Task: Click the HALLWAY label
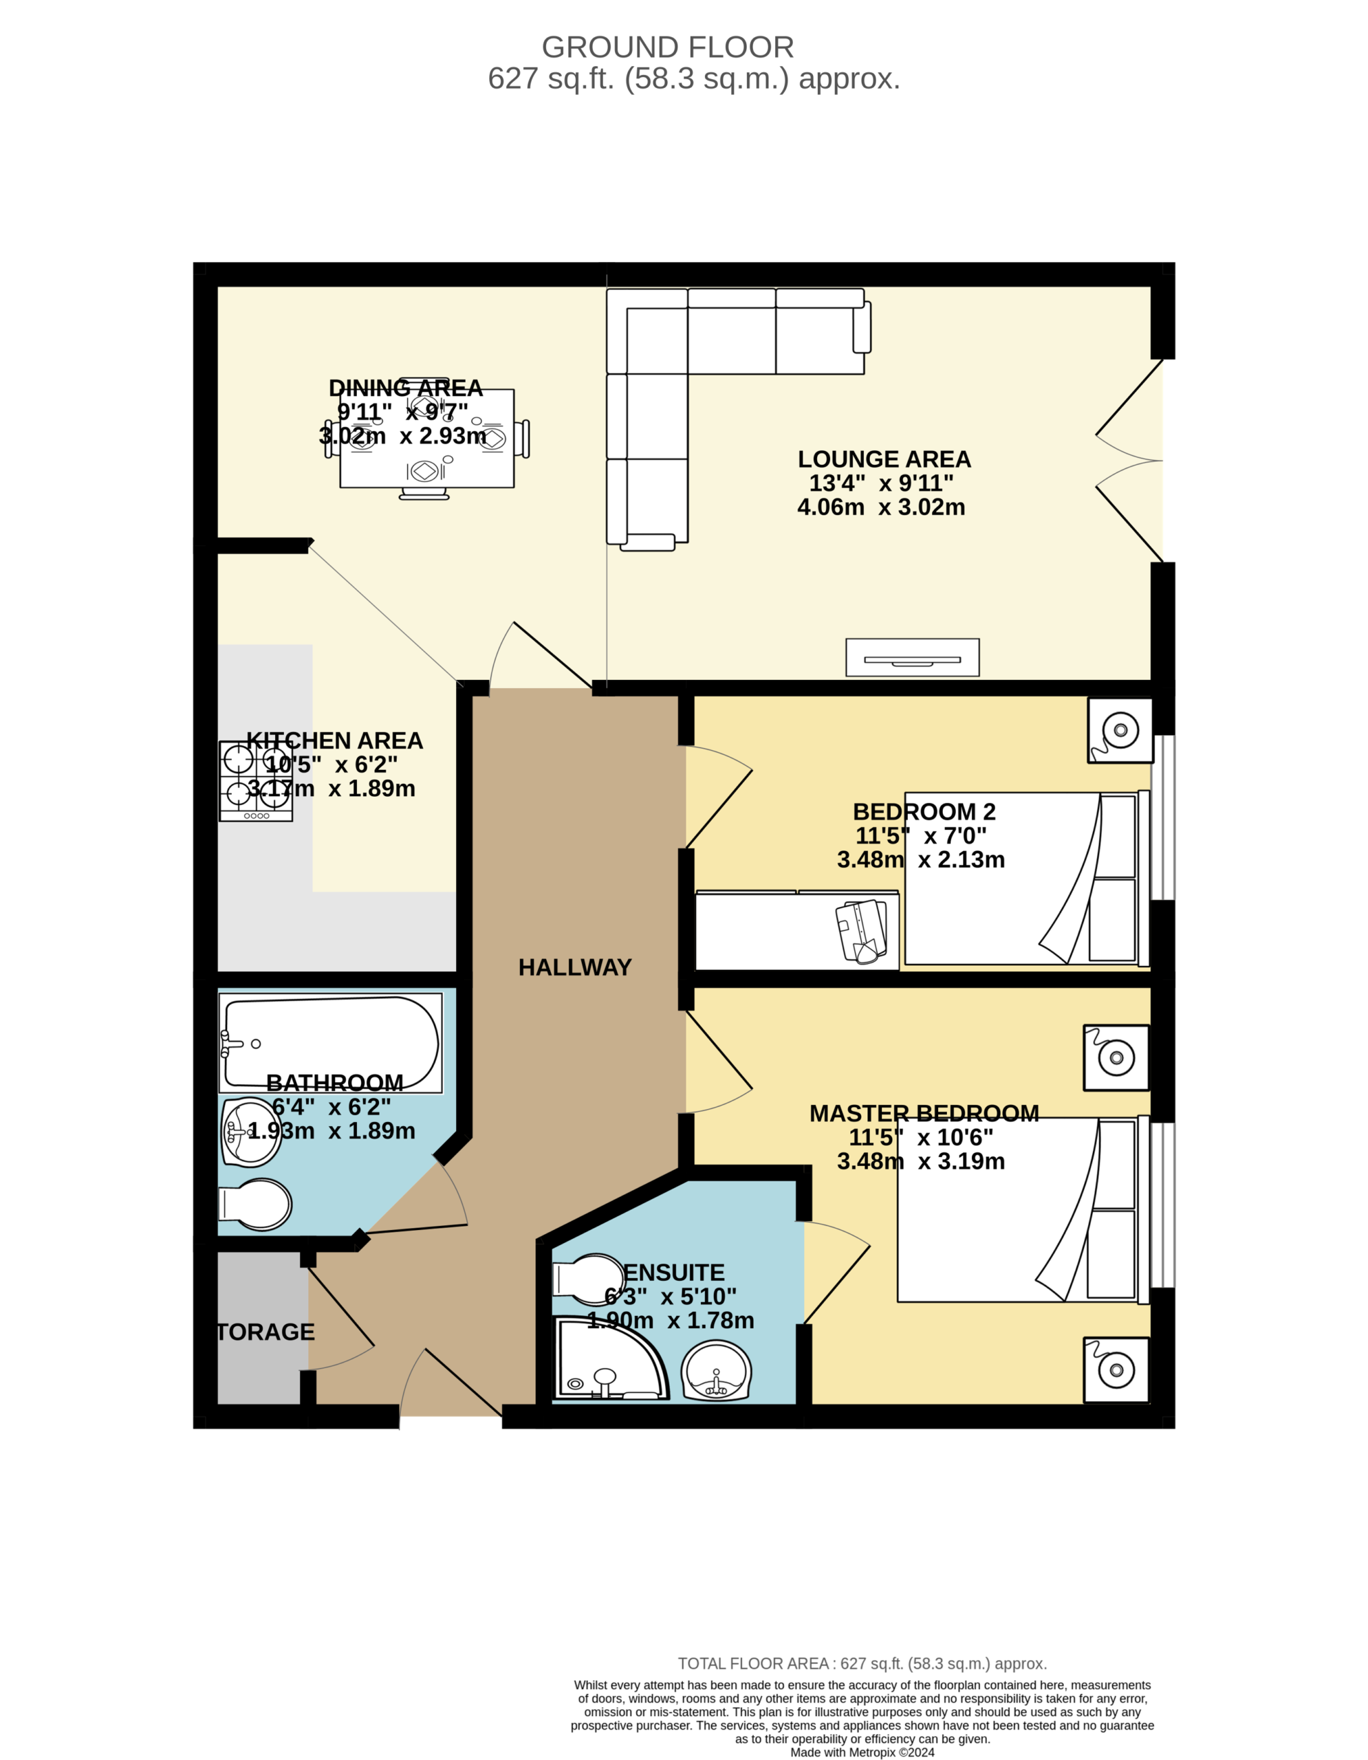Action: tap(575, 967)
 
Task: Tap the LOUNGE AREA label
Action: tap(884, 459)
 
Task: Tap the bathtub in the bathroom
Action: tap(331, 1043)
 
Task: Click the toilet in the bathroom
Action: tap(254, 1204)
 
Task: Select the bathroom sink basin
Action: tap(252, 1132)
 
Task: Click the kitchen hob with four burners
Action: tap(256, 781)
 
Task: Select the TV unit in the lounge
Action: tap(913, 657)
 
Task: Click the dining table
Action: tap(427, 439)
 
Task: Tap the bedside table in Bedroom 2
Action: tap(1120, 730)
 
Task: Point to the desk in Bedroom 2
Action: tap(797, 931)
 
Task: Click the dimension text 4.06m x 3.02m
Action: tap(881, 507)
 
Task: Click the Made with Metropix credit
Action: tap(862, 1752)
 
